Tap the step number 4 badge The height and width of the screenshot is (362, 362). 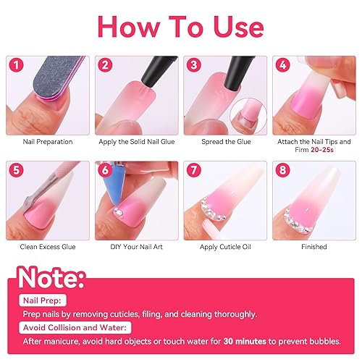[283, 64]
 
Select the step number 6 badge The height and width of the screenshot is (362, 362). [106, 172]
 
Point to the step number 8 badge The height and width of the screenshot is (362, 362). [283, 172]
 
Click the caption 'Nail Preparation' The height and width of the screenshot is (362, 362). [49, 141]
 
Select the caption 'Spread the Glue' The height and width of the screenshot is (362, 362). [224, 141]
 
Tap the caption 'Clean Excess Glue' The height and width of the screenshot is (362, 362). [49, 247]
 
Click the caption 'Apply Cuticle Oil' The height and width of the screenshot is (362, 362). [224, 247]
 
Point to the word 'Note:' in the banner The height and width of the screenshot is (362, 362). [53, 279]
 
